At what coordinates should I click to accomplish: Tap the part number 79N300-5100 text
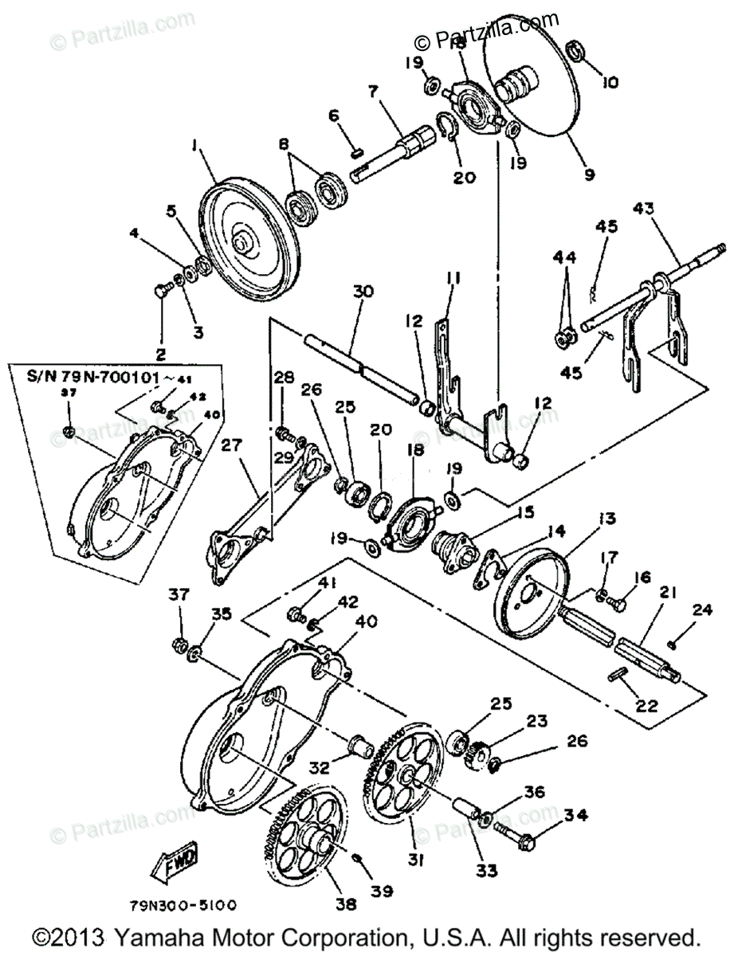[x=183, y=906]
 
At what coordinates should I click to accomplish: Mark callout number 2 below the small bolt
[x=162, y=354]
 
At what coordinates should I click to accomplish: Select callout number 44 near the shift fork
[x=565, y=257]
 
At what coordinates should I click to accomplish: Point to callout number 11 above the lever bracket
[x=453, y=278]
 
